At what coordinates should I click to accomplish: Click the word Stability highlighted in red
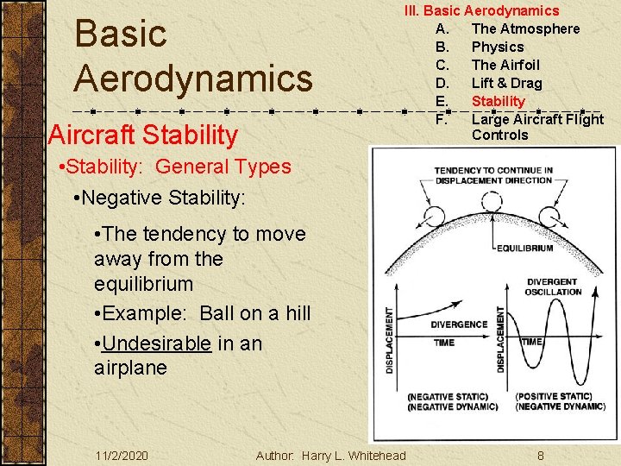pos(498,101)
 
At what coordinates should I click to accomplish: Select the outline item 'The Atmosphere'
pos(525,28)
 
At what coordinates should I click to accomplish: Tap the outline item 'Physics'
pos(498,47)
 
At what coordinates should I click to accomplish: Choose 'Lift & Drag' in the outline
pos(506,83)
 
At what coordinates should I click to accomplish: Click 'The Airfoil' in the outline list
pos(505,65)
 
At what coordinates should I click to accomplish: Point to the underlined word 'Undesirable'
pos(156,343)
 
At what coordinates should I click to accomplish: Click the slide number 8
pos(540,456)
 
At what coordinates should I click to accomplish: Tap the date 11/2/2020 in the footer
pos(122,456)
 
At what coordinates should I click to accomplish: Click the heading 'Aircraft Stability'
pos(143,135)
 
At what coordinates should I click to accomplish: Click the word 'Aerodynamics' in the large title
pos(193,78)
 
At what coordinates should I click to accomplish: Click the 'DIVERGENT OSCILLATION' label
pos(553,287)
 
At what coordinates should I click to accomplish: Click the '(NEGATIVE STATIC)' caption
pos(451,396)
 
